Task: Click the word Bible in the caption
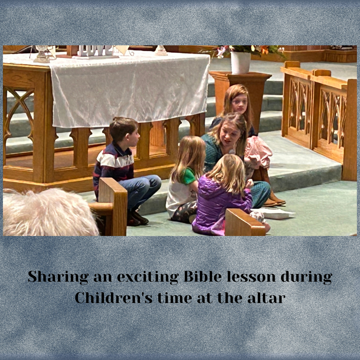click(203, 276)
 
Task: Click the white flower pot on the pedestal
click(240, 62)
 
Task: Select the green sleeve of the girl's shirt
click(188, 176)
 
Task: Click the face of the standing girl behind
click(239, 103)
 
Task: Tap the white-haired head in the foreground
click(49, 212)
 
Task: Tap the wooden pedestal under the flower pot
click(240, 92)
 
